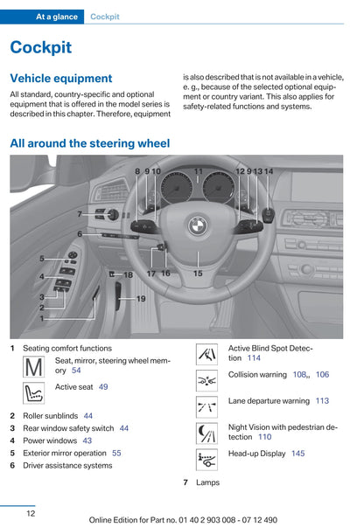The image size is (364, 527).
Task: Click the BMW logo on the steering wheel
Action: (x=198, y=225)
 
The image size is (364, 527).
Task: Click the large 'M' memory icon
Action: (x=33, y=367)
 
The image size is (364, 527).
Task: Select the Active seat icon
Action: (x=33, y=393)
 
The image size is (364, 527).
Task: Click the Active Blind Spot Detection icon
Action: (x=206, y=354)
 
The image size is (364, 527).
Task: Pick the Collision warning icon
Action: (x=206, y=380)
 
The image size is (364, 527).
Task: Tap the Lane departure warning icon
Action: (x=206, y=406)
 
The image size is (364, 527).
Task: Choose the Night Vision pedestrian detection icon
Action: (x=206, y=433)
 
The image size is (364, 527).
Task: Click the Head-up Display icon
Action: (x=206, y=460)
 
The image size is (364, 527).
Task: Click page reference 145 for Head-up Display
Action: (x=298, y=454)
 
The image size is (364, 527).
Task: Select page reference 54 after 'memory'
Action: (x=76, y=371)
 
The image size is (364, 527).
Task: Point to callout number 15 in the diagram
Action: (x=198, y=274)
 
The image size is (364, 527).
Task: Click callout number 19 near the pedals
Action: (x=141, y=298)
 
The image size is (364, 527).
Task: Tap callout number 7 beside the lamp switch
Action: (x=80, y=214)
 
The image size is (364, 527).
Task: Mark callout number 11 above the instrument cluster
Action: (x=199, y=171)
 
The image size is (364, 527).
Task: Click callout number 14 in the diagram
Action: (x=269, y=171)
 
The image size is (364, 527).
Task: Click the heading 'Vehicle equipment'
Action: (x=61, y=79)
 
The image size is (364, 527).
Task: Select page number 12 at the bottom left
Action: (x=31, y=513)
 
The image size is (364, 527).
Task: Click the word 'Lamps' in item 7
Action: (x=207, y=482)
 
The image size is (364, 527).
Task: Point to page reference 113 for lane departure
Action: (x=322, y=400)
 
